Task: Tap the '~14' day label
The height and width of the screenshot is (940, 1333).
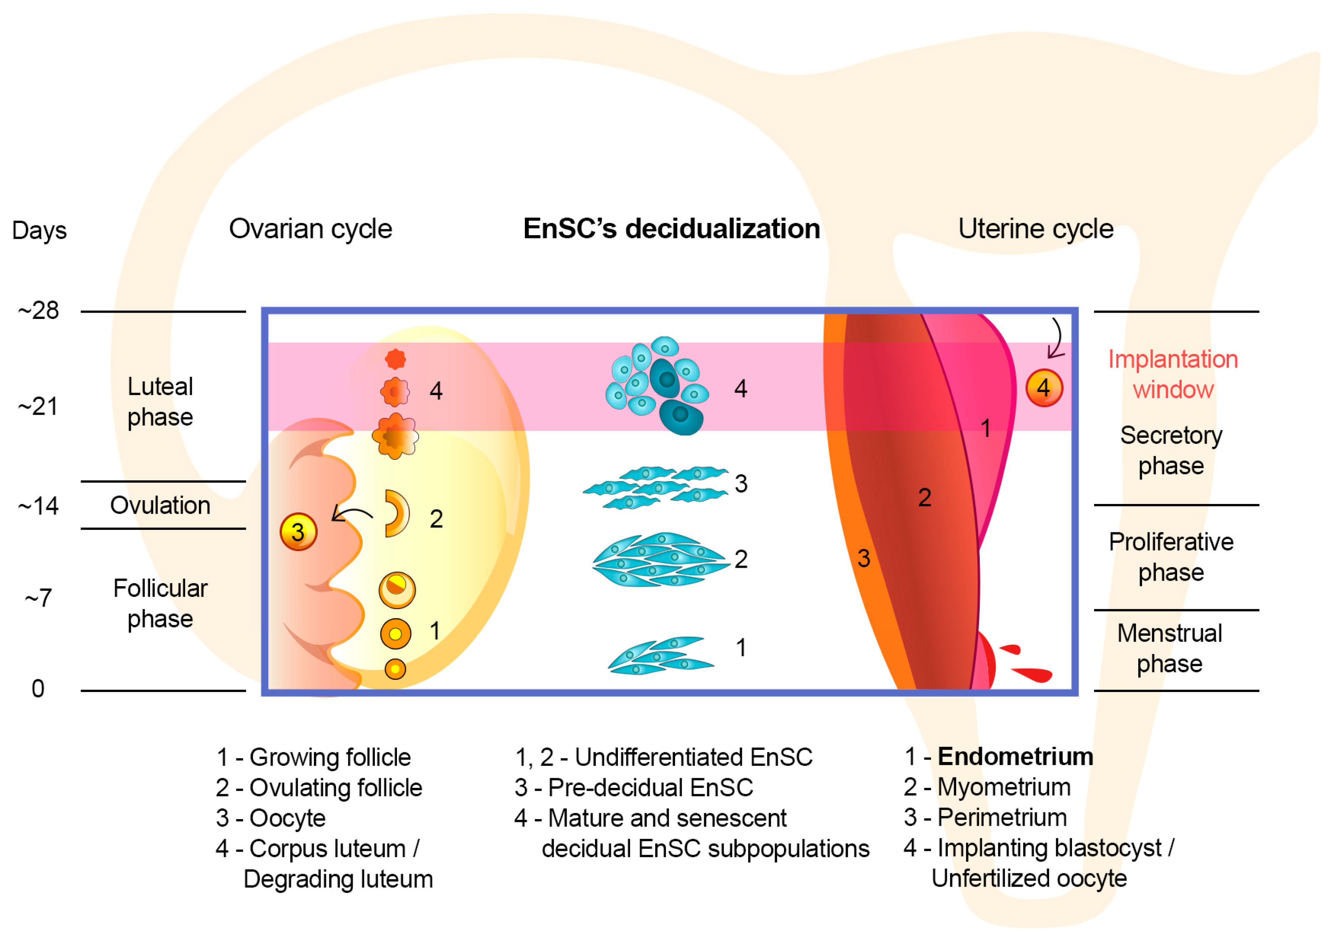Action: [x=38, y=507]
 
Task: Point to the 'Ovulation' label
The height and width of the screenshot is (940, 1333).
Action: [x=160, y=506]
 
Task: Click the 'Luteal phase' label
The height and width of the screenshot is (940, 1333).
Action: [x=160, y=402]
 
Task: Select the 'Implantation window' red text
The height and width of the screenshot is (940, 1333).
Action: [x=1173, y=374]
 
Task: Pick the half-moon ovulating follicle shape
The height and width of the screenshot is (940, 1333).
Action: [x=396, y=513]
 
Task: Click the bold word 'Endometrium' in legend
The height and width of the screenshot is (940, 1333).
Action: [x=1015, y=757]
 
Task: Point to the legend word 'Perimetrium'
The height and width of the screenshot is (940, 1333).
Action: [x=1002, y=817]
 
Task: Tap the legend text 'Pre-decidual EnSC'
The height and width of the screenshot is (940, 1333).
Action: [x=650, y=788]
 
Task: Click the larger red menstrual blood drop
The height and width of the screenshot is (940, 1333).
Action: [x=1034, y=674]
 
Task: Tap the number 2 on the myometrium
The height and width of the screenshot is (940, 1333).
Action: [x=925, y=498]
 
